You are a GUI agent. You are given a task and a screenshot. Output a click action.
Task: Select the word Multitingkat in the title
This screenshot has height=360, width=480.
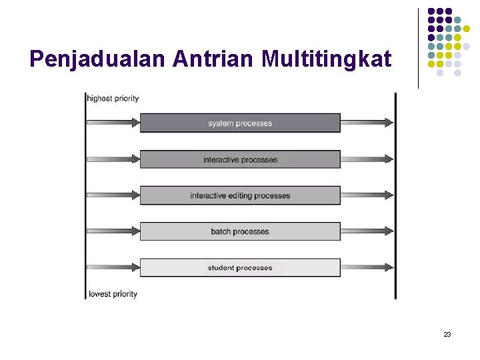327,60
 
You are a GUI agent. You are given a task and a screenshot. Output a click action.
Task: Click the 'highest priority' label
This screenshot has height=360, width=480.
113,99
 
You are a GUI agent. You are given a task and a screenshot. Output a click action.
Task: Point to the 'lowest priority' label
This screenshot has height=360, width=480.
113,294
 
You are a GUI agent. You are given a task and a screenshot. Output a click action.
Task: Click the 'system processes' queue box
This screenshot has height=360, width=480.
240,123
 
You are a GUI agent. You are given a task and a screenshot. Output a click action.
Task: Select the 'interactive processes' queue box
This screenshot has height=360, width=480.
240,159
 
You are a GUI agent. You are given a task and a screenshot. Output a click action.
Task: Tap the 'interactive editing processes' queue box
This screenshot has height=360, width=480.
240,195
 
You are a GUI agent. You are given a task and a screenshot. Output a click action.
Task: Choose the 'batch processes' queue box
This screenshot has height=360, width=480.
240,231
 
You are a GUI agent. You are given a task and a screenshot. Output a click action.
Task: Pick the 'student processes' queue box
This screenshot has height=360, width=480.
240,268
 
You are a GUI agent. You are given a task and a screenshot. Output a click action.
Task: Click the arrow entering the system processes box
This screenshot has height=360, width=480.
113,123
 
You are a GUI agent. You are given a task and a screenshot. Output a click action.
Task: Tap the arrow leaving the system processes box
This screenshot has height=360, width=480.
367,123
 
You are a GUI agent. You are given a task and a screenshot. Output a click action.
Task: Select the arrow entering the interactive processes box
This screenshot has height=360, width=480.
113,159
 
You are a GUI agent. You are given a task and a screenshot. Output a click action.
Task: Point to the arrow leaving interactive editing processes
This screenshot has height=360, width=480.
367,195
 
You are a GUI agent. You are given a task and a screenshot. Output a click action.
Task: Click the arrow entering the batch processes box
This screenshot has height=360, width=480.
113,231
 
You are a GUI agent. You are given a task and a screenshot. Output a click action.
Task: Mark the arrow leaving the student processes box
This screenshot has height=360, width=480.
367,268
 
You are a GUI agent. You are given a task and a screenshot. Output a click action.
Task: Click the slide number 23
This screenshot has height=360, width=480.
447,334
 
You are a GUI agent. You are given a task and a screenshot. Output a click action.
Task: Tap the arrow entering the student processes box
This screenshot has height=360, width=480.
113,268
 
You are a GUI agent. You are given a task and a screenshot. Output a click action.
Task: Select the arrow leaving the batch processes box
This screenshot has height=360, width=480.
367,231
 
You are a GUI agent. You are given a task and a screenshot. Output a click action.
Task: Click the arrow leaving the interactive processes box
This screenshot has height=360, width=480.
367,159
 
